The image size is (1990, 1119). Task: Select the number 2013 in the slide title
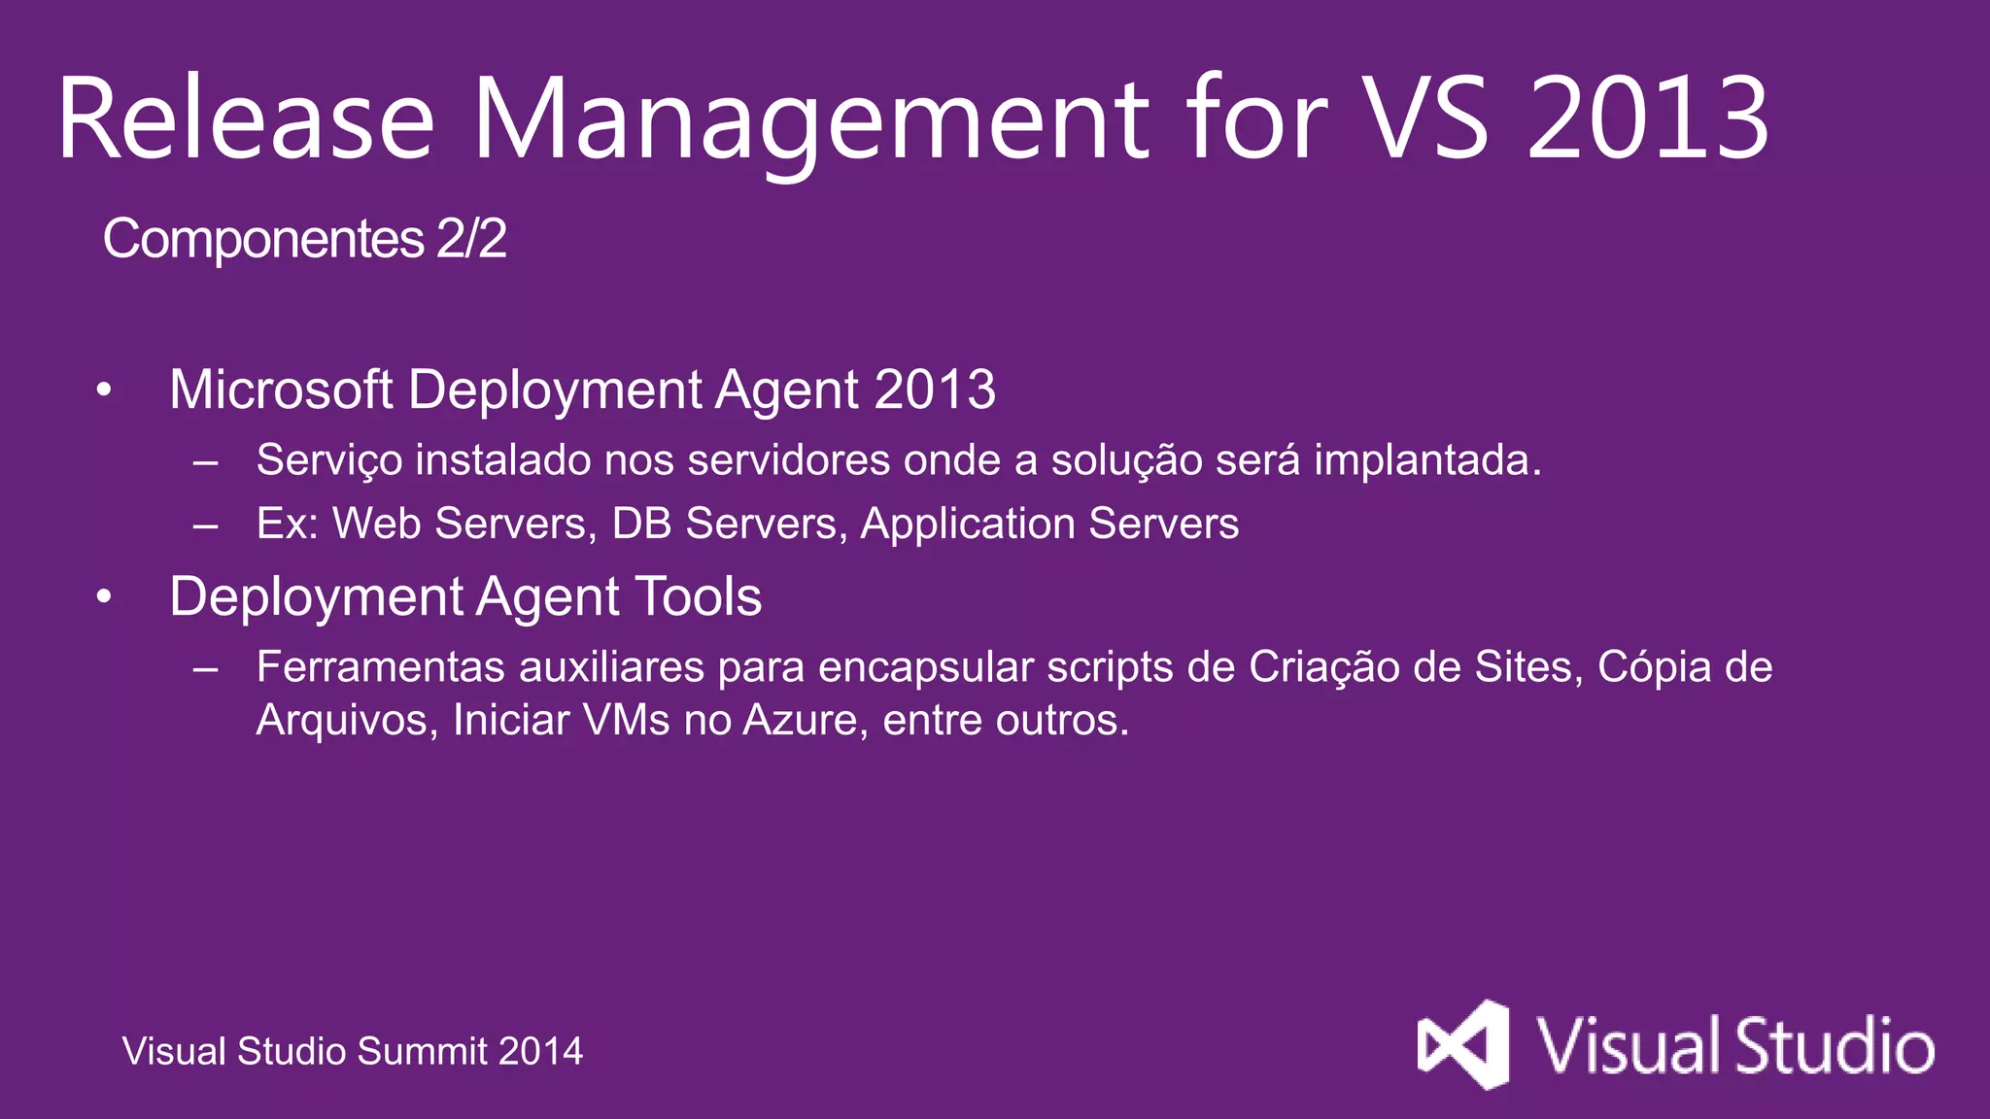1648,119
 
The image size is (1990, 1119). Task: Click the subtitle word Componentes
263,239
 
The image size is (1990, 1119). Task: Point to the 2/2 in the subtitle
471,239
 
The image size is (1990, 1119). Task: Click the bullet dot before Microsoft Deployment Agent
105,390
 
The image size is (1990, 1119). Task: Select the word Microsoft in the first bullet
281,390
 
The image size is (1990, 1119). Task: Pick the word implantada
1427,460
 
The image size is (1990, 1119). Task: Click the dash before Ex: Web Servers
205,526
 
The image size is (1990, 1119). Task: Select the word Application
967,525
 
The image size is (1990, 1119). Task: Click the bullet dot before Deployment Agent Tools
105,597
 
